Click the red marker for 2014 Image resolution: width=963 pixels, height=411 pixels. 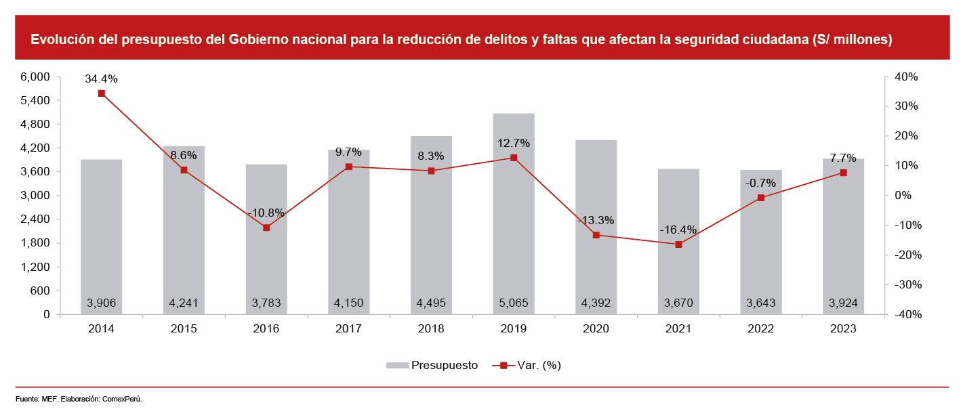pyautogui.click(x=101, y=93)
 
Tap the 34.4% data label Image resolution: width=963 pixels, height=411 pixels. pyautogui.click(x=101, y=79)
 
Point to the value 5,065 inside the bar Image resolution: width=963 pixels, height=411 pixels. pyautogui.click(x=513, y=303)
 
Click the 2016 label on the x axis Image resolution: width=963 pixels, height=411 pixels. pyautogui.click(x=266, y=328)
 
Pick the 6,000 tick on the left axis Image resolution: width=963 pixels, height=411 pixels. pyautogui.click(x=37, y=77)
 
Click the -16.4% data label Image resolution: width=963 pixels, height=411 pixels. pyautogui.click(x=678, y=230)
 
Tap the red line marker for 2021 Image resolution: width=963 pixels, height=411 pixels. pyautogui.click(x=678, y=244)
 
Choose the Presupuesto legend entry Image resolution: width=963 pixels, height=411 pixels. pyautogui.click(x=432, y=366)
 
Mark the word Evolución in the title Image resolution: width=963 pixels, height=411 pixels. pyautogui.click(x=59, y=39)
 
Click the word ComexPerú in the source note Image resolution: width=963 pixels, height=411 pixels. pyautogui.click(x=122, y=399)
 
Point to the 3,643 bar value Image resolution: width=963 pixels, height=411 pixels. pyautogui.click(x=760, y=303)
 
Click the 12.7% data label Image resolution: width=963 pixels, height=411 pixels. pyautogui.click(x=513, y=144)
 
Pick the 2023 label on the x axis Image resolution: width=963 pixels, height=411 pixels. pyautogui.click(x=843, y=328)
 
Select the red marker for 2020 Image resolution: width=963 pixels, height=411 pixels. pyautogui.click(x=596, y=235)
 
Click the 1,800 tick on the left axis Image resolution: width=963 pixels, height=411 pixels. pyautogui.click(x=37, y=244)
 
